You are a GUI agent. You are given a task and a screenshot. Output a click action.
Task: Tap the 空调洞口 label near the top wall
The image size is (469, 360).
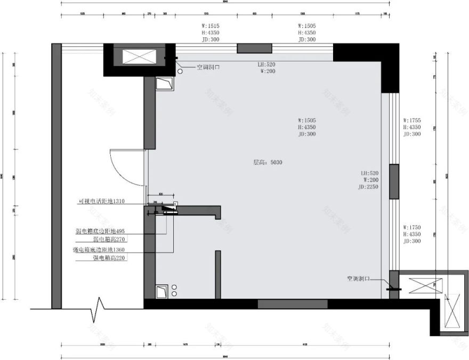coord(208,68)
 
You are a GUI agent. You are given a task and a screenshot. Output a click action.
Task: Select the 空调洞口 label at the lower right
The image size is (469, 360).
coord(358,279)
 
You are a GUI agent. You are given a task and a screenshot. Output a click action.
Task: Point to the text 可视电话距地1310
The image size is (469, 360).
coord(101,201)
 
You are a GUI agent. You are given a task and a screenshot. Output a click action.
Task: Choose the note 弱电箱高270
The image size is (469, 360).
coord(109,240)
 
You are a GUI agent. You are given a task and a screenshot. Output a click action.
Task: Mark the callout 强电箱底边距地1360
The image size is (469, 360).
coord(100,249)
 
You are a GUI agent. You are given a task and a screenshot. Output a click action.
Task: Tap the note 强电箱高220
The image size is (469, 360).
coord(109,258)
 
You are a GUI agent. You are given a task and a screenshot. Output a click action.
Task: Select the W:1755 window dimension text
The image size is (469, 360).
coord(412,121)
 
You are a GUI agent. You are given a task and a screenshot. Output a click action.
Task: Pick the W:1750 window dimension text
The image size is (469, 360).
coord(412,228)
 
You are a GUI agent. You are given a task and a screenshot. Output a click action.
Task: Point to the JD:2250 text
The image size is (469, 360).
coord(369,187)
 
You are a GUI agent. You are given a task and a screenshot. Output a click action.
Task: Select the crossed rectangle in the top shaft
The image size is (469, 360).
coord(140,57)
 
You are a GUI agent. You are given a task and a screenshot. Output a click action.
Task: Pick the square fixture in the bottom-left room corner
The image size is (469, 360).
coord(161,291)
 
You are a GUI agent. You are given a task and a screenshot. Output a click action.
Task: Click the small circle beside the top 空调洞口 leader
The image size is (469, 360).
coord(180,69)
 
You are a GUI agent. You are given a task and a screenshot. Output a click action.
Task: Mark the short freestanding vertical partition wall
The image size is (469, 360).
coord(217,274)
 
